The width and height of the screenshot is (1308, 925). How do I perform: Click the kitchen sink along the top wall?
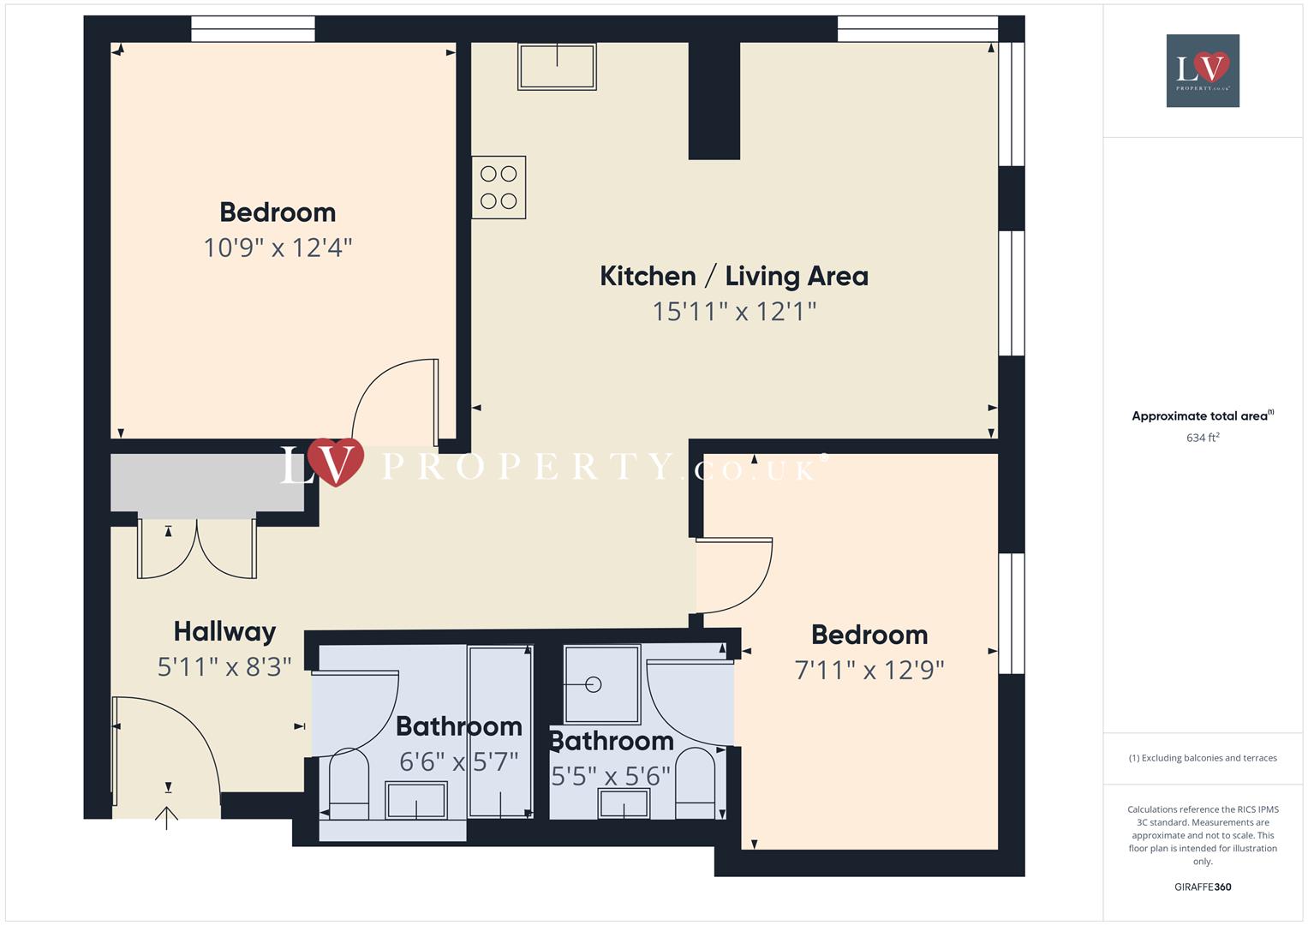pos(557,67)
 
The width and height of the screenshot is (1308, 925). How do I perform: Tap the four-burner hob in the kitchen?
pos(499,188)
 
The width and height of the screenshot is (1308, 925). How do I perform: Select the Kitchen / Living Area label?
pos(733,276)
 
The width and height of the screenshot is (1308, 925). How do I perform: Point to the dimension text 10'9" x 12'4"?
pos(278,248)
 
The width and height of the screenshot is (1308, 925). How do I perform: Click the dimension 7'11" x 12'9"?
pos(869,670)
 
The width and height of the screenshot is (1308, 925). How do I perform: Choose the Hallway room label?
pos(224,632)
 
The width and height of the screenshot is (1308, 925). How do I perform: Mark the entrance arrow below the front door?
pos(166,818)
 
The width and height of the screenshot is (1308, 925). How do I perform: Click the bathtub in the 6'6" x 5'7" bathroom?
pos(500,732)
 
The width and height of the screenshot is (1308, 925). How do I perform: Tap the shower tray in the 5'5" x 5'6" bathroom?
pos(601,684)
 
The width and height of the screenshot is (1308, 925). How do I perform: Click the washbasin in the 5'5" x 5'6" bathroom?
pos(624,803)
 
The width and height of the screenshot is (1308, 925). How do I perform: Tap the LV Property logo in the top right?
pos(1202,70)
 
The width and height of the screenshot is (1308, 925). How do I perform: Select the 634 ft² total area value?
pos(1202,438)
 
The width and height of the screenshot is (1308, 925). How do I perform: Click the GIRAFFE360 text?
pos(1202,886)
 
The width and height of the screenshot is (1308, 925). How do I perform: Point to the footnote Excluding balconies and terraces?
pos(1202,758)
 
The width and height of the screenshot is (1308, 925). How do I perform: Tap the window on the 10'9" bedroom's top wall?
pos(253,29)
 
